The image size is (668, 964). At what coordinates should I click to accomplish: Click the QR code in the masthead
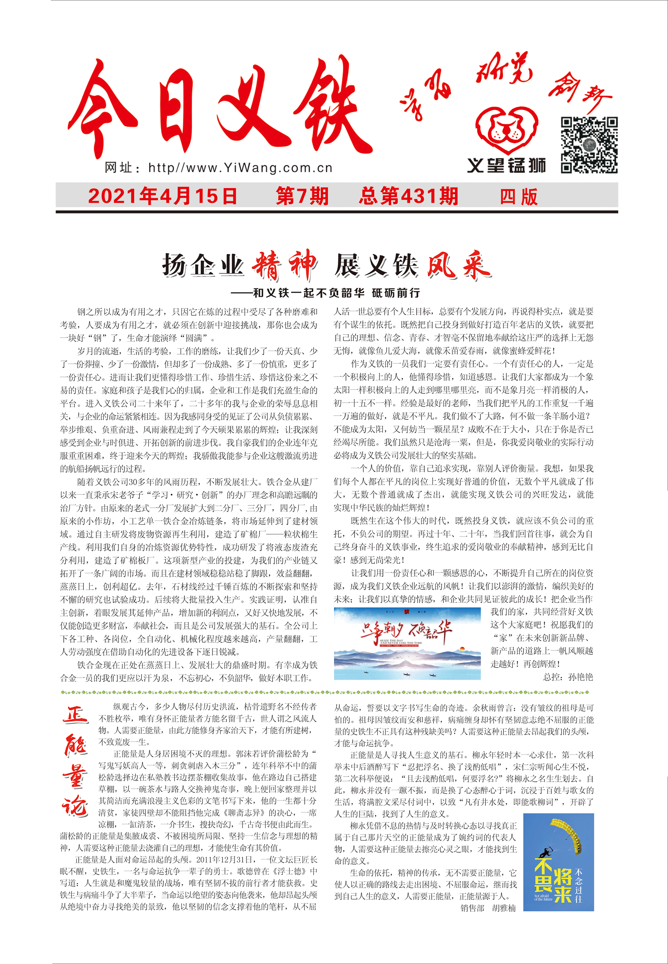(589, 145)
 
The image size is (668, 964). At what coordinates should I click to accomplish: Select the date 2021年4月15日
(162, 196)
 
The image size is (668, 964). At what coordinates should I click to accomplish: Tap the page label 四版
(519, 196)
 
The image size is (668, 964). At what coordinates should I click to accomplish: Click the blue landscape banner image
(407, 643)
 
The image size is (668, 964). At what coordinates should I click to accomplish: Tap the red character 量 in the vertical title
(75, 777)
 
